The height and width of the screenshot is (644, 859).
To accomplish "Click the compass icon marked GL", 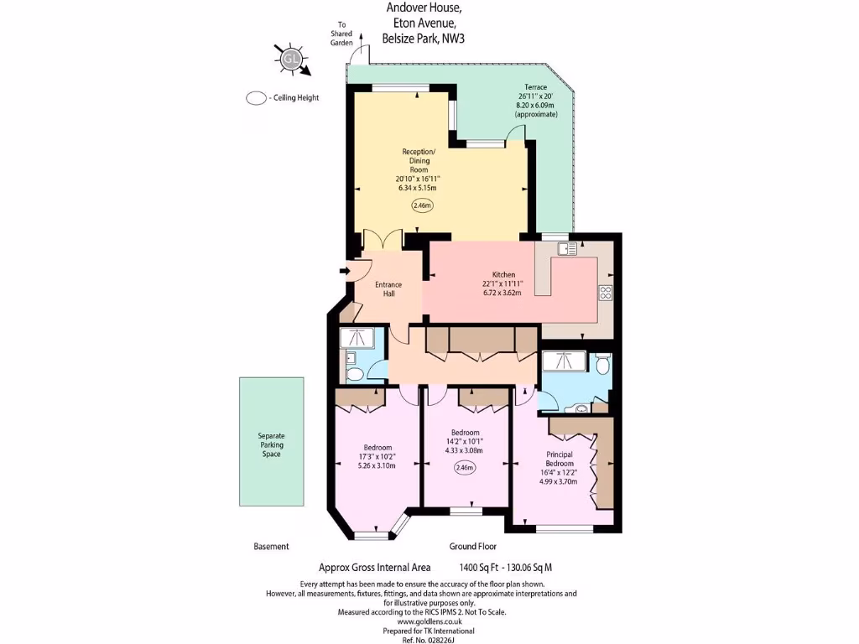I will pos(291,59).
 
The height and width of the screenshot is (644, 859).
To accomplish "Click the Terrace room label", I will pos(535,87).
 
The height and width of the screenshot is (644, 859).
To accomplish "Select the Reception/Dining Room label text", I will pos(418,160).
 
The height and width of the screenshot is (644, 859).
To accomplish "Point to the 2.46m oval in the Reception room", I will pos(421,205).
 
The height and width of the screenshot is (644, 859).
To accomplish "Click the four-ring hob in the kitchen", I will pos(605,293).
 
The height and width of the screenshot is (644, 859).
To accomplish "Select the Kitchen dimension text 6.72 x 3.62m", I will pos(502,293).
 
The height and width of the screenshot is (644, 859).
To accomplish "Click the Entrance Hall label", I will pos(383,288).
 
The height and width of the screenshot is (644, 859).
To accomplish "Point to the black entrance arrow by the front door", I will pos(344,271).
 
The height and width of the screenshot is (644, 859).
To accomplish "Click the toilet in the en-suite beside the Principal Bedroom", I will pos(601,364).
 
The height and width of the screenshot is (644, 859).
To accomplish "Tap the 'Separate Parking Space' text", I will pos(271,445).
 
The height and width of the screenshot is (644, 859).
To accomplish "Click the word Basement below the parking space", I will pos(271,546).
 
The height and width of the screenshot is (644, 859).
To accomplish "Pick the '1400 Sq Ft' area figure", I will pos(478,568).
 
